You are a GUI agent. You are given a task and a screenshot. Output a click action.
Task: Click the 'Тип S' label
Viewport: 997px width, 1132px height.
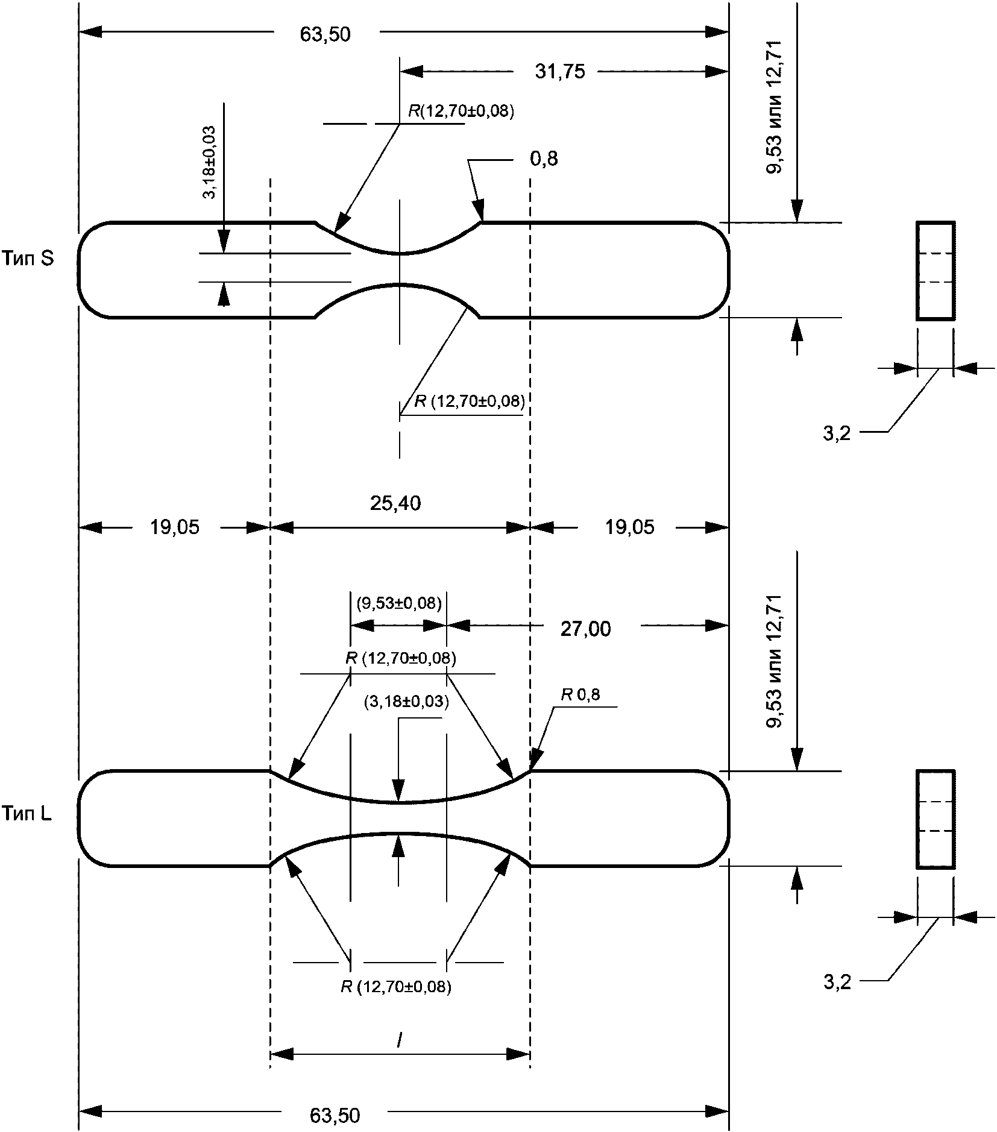click(28, 259)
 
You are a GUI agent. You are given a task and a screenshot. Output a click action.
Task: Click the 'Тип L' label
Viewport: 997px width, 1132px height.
click(27, 814)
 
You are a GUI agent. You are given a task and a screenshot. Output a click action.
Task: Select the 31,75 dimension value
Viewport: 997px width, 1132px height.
click(560, 72)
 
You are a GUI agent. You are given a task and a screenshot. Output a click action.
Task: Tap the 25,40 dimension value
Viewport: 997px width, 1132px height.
click(395, 503)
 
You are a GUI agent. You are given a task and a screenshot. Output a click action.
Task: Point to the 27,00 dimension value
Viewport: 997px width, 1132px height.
click(585, 629)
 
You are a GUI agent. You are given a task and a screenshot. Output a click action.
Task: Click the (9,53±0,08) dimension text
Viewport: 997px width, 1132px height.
click(399, 603)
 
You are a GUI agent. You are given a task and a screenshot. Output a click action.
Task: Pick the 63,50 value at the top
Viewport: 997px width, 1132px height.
click(325, 34)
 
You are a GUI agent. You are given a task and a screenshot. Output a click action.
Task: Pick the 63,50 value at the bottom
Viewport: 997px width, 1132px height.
click(335, 1115)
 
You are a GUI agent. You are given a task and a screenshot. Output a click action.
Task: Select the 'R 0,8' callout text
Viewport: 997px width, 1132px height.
click(580, 695)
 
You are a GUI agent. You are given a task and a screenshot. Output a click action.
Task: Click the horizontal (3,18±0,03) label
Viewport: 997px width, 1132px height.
click(406, 702)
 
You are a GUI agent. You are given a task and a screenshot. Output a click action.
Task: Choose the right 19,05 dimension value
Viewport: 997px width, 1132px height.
click(629, 527)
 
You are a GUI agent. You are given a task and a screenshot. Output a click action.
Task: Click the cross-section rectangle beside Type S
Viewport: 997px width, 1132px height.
click(936, 270)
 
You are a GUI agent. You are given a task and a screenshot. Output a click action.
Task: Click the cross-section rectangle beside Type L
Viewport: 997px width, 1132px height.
click(936, 819)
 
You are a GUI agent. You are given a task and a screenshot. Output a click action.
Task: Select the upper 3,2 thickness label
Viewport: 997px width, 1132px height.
click(837, 433)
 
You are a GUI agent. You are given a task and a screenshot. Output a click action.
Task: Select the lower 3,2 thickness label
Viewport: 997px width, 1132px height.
click(837, 983)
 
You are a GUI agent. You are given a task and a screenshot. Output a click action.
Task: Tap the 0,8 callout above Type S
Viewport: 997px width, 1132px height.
click(544, 159)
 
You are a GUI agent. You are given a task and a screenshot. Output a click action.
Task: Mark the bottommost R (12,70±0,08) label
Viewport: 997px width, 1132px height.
click(396, 987)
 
